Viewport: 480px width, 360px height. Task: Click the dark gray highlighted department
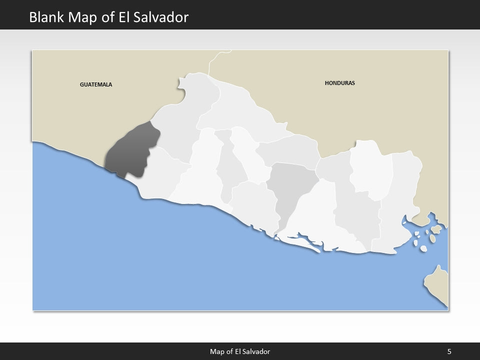[131, 150]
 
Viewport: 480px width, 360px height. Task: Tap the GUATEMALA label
[96, 84]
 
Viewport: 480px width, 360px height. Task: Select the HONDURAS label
[339, 83]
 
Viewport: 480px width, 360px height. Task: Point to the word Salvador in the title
[163, 17]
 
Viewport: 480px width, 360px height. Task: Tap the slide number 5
[449, 351]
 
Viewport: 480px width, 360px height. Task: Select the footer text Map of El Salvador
[239, 351]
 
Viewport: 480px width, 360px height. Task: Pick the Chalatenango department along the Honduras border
[240, 112]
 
